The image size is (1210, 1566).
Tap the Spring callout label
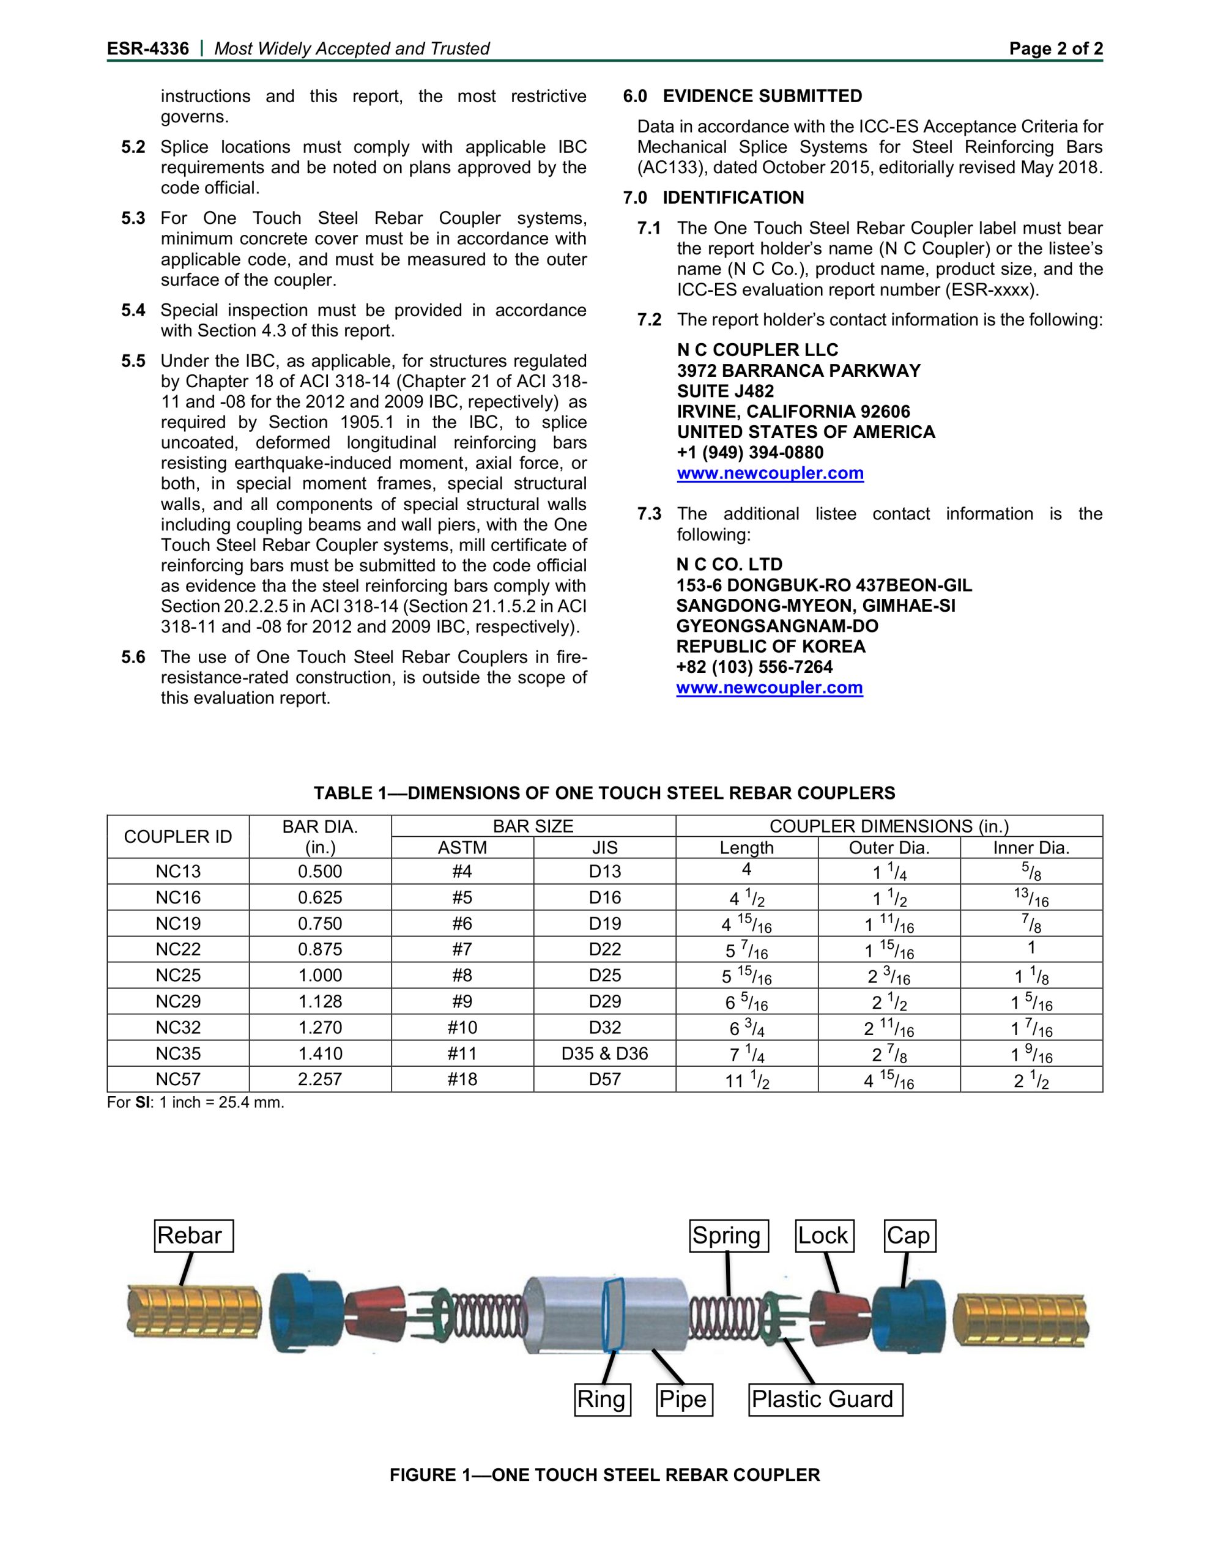729,1236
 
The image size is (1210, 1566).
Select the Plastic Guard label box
825,1399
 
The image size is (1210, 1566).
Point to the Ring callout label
603,1399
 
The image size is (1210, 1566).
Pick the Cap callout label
910,1236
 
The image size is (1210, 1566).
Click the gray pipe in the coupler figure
566,1316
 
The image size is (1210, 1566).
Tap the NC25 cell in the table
178,975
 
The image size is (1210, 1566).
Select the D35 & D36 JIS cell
604,1053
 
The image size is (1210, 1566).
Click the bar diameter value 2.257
320,1079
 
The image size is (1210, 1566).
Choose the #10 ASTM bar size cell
462,1028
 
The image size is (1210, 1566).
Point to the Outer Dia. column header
889,847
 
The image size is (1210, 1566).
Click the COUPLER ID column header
178,837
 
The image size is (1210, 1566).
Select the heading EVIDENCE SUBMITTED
762,96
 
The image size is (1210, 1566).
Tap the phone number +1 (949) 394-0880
750,453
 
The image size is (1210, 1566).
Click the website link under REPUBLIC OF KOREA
770,688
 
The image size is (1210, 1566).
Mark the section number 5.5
133,361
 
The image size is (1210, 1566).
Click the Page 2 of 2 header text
1056,49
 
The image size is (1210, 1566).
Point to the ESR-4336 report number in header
149,49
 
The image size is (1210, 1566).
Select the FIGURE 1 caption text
604,1475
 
